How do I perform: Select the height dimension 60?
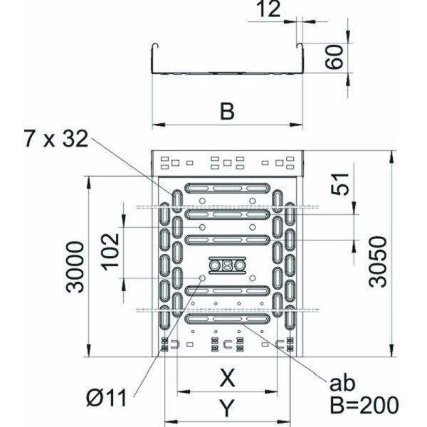point(334,55)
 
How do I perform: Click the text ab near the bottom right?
point(341,385)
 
